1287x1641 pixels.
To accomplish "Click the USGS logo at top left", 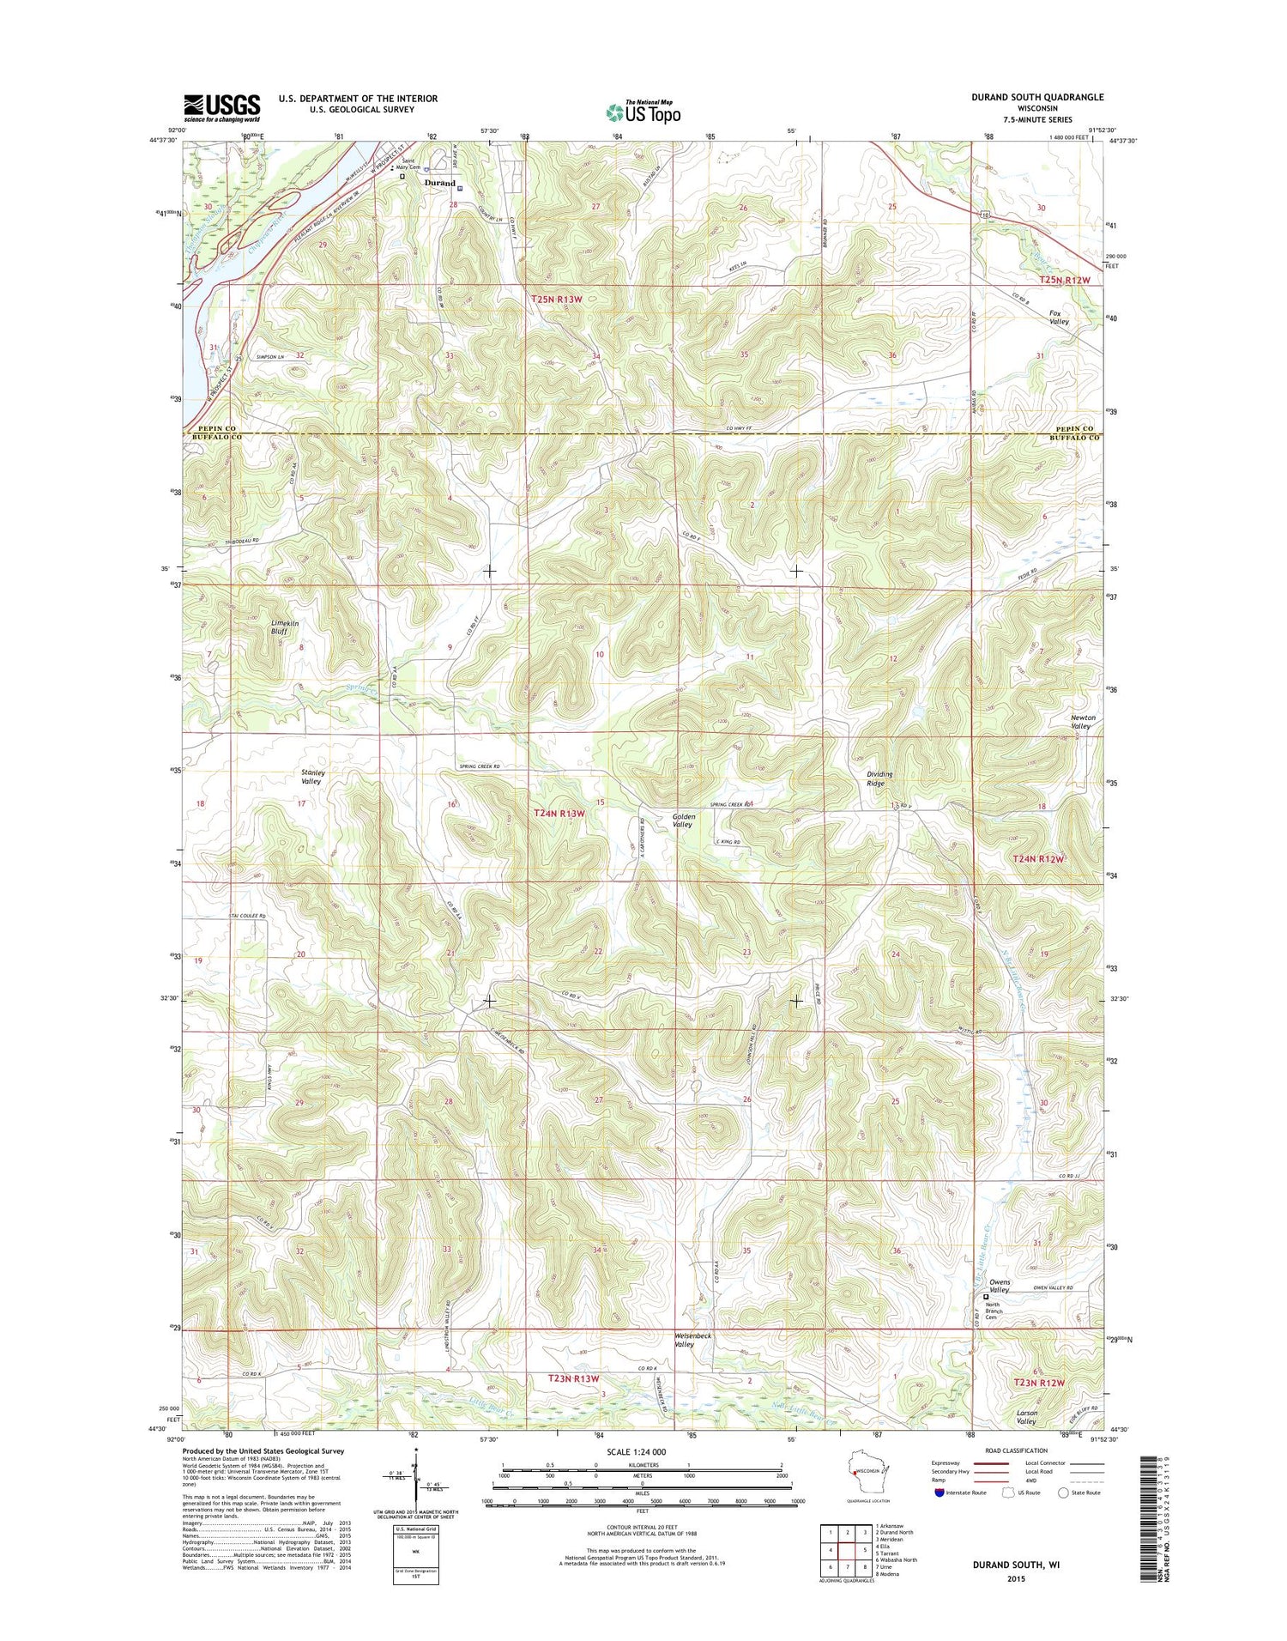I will [221, 106].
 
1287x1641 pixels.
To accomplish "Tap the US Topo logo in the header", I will [643, 111].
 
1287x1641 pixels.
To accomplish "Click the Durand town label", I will [439, 183].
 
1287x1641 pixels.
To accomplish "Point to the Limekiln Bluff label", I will [283, 627].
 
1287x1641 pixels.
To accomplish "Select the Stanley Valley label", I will [311, 777].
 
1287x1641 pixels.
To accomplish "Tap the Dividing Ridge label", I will [879, 778].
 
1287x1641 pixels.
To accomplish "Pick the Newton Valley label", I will [1082, 722].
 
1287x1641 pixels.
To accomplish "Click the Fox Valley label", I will [1059, 317].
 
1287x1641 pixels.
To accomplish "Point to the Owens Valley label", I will [1000, 1286].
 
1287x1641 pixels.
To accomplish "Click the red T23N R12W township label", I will [1039, 1382].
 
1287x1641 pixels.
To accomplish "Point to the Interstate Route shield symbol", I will [940, 1493].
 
